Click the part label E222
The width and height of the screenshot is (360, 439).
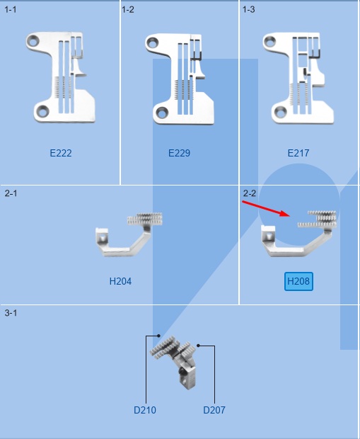click(x=61, y=153)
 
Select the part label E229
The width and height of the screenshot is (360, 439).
click(x=180, y=153)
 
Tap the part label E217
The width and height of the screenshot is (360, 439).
click(x=298, y=153)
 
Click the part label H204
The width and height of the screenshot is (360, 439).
click(x=120, y=281)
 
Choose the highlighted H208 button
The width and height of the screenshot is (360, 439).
click(x=298, y=281)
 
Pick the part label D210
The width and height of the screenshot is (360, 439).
click(x=145, y=410)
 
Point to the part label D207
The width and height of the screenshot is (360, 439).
click(x=214, y=410)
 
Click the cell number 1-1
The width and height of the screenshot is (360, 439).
click(x=11, y=9)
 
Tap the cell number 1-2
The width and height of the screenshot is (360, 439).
click(x=128, y=9)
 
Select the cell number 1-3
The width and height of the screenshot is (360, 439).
click(x=249, y=9)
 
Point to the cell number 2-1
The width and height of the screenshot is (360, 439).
click(x=11, y=193)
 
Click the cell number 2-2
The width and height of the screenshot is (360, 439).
click(x=250, y=193)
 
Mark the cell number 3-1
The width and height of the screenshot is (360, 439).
click(x=11, y=313)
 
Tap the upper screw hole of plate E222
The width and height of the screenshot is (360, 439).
click(x=33, y=42)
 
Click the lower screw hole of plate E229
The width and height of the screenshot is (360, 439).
click(x=162, y=113)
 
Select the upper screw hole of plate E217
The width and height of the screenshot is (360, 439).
click(x=269, y=42)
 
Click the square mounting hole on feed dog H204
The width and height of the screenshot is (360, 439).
click(x=103, y=238)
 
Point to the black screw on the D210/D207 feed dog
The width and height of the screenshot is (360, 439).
click(x=182, y=372)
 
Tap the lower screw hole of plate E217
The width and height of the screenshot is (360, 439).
click(x=280, y=113)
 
